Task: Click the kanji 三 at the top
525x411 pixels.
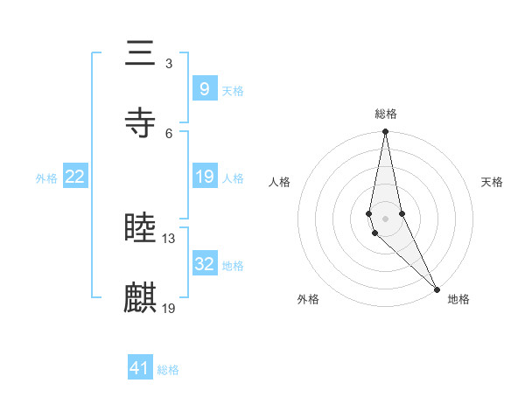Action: tap(141, 54)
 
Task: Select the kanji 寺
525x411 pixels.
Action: tap(141, 123)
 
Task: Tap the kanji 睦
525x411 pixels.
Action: tap(141, 229)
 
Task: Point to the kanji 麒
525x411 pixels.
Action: tap(141, 298)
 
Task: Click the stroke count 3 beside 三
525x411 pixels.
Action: tap(168, 63)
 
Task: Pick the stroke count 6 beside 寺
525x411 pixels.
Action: tap(168, 133)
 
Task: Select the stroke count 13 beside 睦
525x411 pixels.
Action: tap(170, 238)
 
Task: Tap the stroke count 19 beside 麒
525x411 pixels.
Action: tap(170, 308)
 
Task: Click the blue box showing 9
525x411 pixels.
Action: tap(204, 89)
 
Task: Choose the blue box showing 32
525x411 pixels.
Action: tap(204, 263)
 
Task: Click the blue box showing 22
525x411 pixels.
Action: tap(75, 177)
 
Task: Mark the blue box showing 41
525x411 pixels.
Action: tap(140, 368)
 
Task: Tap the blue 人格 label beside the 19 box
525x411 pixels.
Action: tap(233, 178)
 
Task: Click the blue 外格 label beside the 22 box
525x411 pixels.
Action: tap(46, 178)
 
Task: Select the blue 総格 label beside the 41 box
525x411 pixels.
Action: tap(168, 370)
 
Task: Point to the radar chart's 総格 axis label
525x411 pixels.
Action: tap(386, 114)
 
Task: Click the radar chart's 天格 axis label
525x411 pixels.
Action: tap(492, 182)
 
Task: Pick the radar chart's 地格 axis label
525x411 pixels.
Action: tap(458, 299)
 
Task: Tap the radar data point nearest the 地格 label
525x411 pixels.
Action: tap(437, 288)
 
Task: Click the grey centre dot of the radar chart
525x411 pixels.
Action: tap(386, 218)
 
